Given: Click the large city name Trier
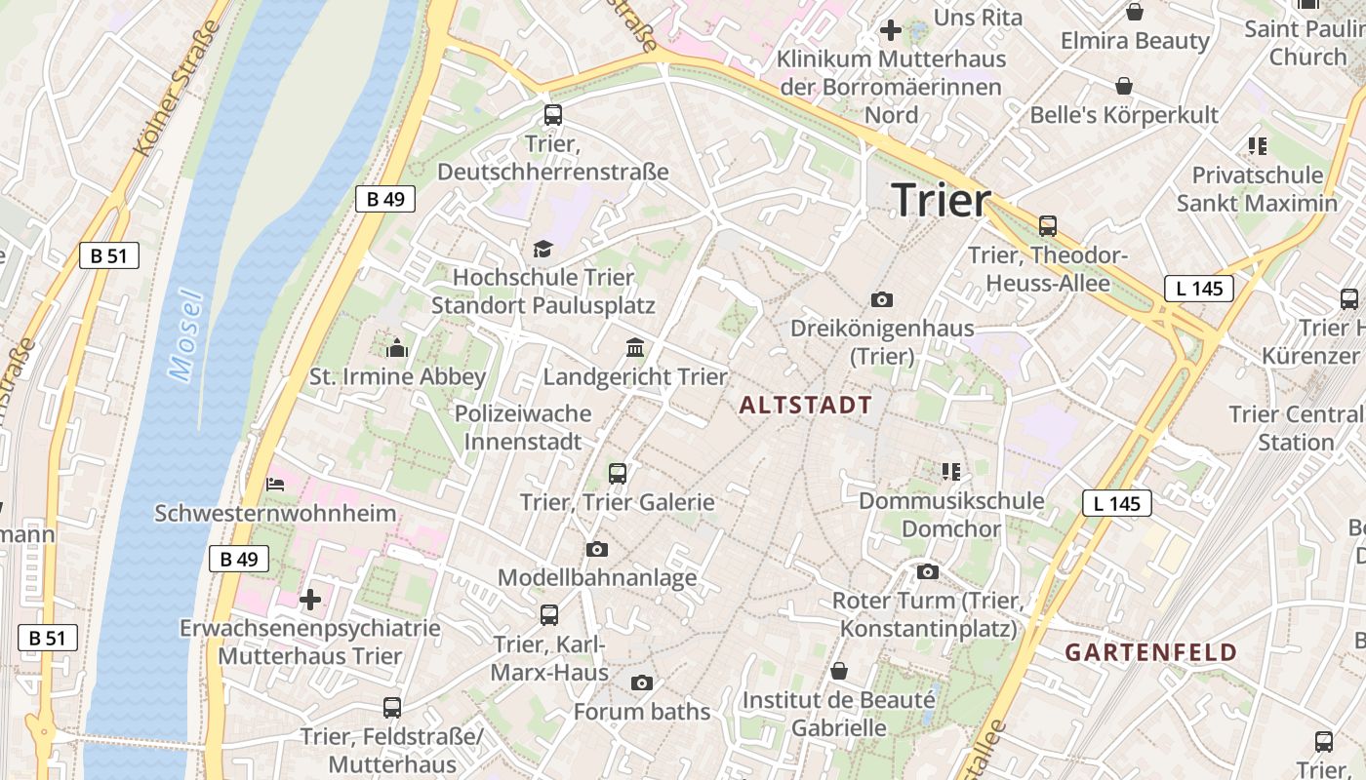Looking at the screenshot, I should pos(941,200).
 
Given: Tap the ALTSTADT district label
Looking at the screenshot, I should pos(806,406).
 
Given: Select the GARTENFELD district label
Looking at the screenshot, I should pos(1150,652).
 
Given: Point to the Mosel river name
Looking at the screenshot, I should pos(184,335).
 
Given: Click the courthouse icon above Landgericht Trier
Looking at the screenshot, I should pos(635,348).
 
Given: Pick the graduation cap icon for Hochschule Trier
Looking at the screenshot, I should pos(542,250).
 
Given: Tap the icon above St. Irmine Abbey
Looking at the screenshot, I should pos(397,348).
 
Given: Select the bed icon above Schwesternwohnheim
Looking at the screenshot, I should pos(275,484).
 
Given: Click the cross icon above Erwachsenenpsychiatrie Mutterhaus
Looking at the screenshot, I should pos(310,599).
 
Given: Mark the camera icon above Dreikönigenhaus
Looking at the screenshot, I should pos(882,299).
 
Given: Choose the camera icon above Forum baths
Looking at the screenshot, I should pos(641,682).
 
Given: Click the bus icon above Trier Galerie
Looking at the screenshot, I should pos(617,474).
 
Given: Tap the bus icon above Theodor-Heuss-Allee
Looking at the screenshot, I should pos(1048,226).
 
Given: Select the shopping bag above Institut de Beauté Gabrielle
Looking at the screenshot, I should pos(839,671).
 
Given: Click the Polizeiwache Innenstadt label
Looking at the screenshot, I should pos(523,427).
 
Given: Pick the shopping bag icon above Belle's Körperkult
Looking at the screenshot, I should pos(1124,86).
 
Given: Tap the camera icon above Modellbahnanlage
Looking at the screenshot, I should pos(597,550).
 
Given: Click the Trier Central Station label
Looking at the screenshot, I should pos(1296,428).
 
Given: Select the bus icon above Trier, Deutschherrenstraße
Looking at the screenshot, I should pos(553,115).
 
